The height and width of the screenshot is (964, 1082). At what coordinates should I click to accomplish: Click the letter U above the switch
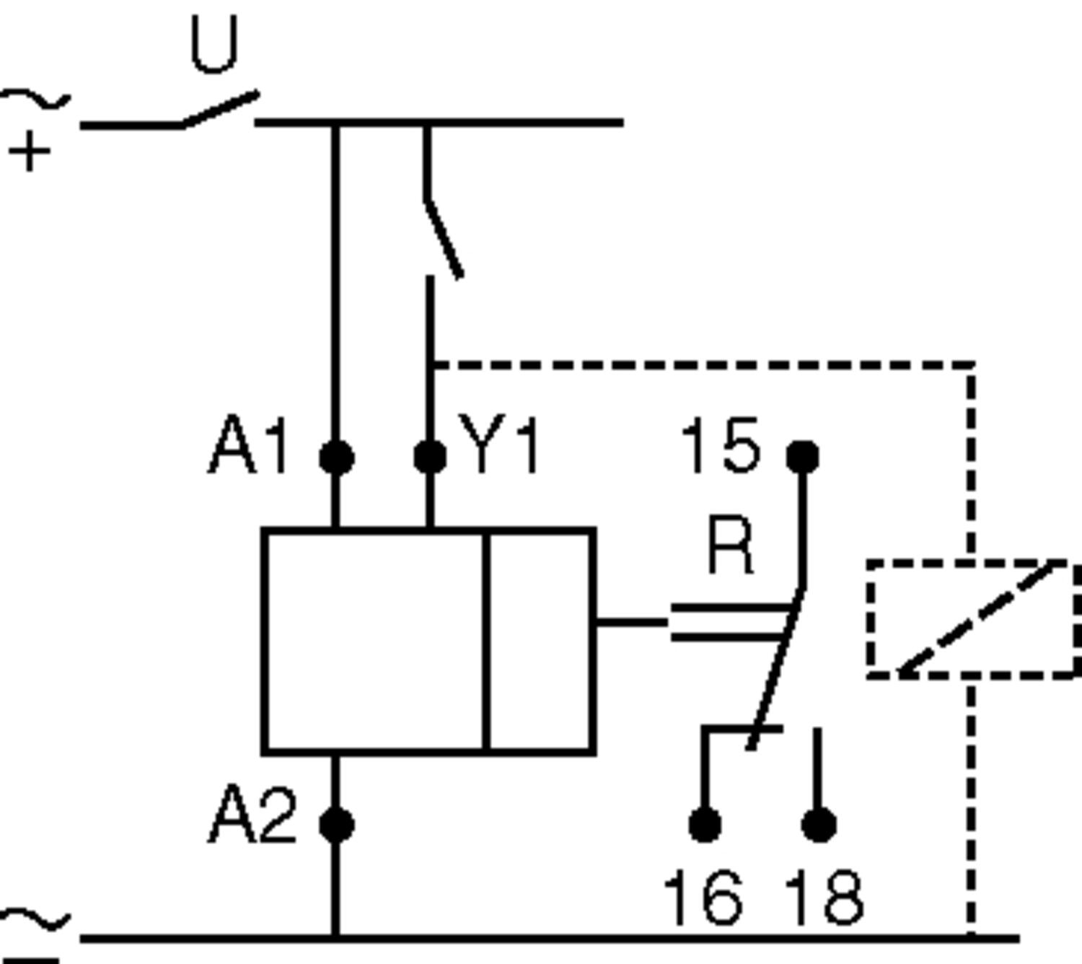point(214,45)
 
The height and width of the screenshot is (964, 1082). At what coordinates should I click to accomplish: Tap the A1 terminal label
point(249,447)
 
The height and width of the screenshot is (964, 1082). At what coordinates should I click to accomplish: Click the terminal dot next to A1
point(336,457)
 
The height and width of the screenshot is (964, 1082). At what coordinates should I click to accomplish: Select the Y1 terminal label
point(500,447)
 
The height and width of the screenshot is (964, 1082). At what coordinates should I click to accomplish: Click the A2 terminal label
point(252,816)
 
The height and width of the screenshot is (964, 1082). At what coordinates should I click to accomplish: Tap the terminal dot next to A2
point(336,825)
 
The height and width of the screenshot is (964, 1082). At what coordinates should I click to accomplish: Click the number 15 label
point(720,447)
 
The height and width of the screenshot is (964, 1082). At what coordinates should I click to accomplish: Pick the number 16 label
point(703,898)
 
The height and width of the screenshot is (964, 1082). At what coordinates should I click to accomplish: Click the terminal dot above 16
point(705,825)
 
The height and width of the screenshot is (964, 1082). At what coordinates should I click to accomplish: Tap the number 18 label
point(824,898)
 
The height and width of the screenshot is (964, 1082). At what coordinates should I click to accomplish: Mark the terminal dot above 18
point(819,825)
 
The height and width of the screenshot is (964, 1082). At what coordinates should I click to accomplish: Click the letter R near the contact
point(731,545)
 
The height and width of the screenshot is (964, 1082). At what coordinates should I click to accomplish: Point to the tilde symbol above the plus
point(36,100)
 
